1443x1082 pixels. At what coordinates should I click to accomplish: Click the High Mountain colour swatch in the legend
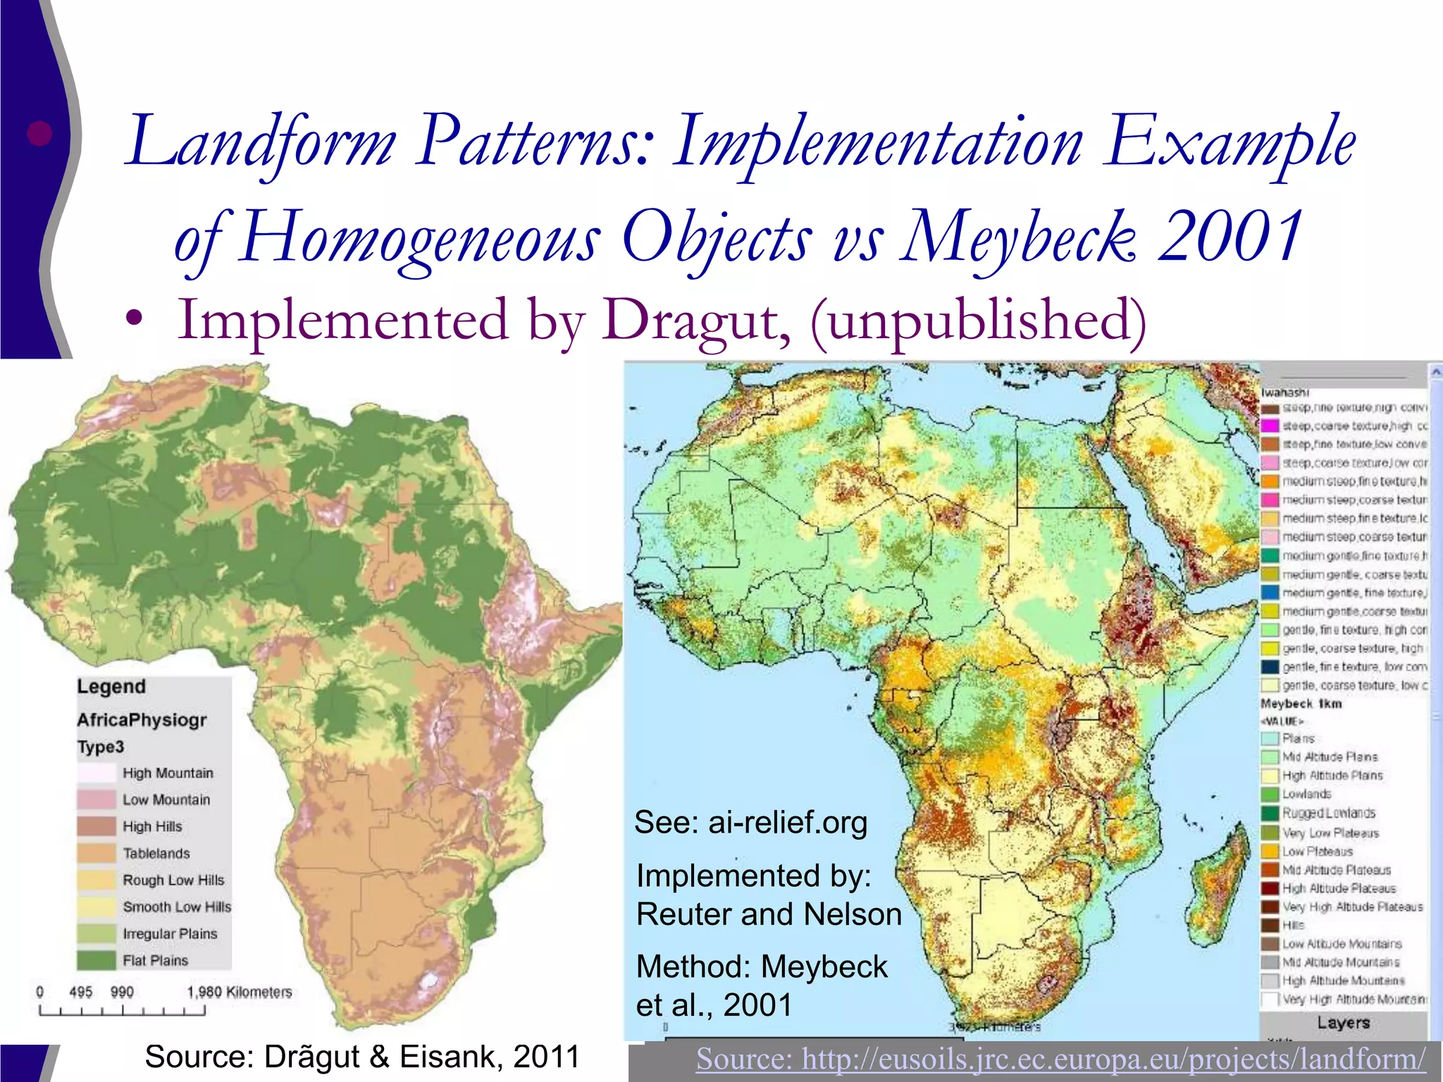(96, 773)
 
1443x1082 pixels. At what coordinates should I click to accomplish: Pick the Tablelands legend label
(156, 853)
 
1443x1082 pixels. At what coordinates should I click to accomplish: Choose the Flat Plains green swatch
(96, 960)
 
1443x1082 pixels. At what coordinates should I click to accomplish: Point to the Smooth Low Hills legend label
(177, 907)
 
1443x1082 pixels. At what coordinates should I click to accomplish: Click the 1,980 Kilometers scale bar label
(240, 992)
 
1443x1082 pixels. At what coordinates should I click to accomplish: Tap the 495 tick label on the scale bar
(81, 992)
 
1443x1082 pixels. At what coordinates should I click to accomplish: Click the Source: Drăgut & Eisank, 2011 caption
(361, 1057)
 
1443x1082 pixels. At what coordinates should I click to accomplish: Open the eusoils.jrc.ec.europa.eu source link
(1060, 1059)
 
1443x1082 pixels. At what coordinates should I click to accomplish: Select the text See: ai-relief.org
(750, 822)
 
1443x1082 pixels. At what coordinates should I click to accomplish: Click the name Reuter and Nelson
(769, 914)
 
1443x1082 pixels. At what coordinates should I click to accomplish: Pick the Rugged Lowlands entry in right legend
(1328, 813)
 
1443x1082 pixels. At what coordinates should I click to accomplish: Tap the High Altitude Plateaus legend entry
(1338, 888)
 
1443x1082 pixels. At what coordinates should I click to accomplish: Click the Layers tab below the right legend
(1343, 1023)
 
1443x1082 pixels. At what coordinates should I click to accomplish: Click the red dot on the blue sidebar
(39, 133)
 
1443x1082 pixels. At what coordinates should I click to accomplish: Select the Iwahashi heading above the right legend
(1285, 392)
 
